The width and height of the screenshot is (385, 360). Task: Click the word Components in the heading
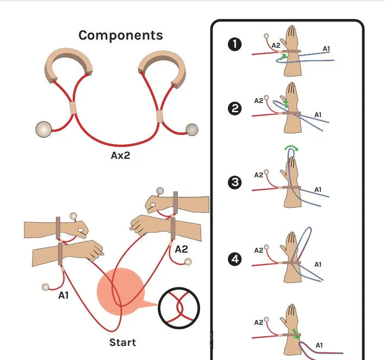point(120,36)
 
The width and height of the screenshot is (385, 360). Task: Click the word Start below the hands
point(123,342)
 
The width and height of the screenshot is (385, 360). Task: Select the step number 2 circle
point(235,108)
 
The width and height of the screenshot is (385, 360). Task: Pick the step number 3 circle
point(235,182)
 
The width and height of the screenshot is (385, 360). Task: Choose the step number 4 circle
point(235,260)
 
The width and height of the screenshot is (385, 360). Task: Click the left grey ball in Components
point(43,130)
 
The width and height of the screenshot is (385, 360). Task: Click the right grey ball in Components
point(192,129)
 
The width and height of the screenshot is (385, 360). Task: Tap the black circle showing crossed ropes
point(179,310)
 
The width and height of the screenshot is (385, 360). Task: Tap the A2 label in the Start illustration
point(181,249)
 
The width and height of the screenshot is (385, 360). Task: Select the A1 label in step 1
point(326,49)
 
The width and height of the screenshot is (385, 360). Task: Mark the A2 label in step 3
point(259,175)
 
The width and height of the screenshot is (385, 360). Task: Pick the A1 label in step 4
point(318,265)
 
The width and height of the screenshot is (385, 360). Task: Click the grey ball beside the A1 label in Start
point(46,287)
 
